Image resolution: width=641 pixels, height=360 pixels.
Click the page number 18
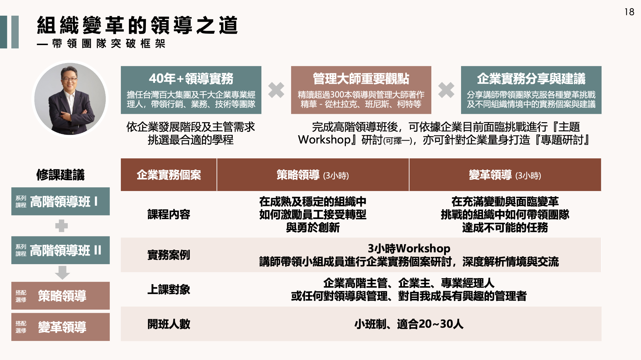pyautogui.click(x=629, y=12)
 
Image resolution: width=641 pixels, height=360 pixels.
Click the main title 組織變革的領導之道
pyautogui.click(x=137, y=25)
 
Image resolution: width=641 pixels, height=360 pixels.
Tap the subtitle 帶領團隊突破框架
pyautogui.click(x=109, y=43)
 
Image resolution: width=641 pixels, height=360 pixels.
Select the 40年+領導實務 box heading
pyautogui.click(x=191, y=78)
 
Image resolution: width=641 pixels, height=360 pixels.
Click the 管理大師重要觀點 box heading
pyautogui.click(x=361, y=78)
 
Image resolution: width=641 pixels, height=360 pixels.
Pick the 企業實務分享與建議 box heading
pyautogui.click(x=531, y=78)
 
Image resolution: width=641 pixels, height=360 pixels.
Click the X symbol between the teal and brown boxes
pyautogui.click(x=276, y=90)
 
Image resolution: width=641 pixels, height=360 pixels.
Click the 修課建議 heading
pyautogui.click(x=60, y=175)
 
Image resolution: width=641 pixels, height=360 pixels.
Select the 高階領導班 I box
pyautogui.click(x=60, y=201)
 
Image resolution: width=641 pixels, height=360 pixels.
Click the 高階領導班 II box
pyautogui.click(x=60, y=250)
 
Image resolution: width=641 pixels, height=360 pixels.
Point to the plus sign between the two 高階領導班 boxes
pyautogui.click(x=61, y=226)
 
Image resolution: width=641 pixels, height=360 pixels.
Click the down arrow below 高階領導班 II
pyautogui.click(x=62, y=273)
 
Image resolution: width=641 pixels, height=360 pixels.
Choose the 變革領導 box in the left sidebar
pyautogui.click(x=60, y=327)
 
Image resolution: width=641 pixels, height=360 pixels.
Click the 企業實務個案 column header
pyautogui.click(x=169, y=175)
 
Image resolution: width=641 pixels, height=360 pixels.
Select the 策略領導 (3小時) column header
pyautogui.click(x=313, y=175)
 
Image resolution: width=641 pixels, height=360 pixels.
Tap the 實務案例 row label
pyautogui.click(x=169, y=255)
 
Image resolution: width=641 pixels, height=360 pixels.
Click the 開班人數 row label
pyautogui.click(x=169, y=324)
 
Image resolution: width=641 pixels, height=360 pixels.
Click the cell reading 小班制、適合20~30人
pyautogui.click(x=409, y=324)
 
